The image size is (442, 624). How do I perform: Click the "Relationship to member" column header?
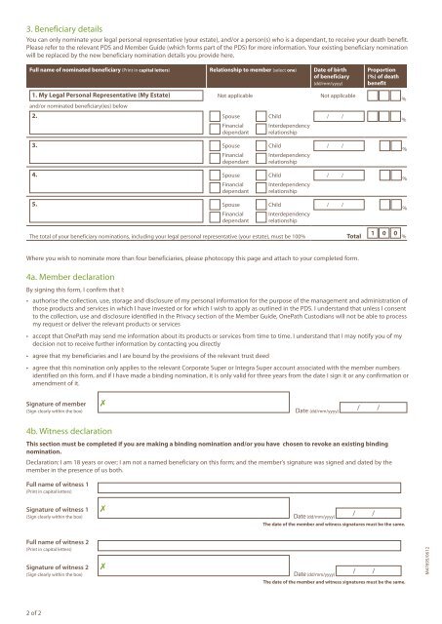pos(244,71)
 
